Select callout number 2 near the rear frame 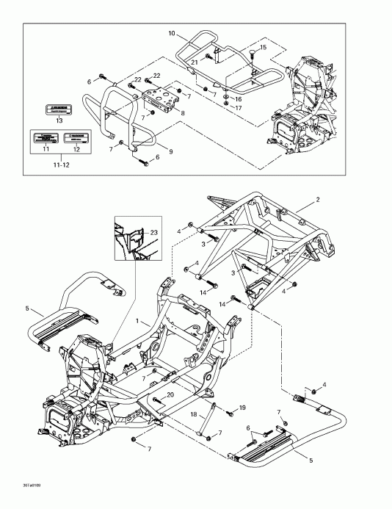pos(317,199)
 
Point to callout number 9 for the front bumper pos(170,151)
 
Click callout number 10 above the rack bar pos(171,34)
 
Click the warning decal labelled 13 pos(59,108)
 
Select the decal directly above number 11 pos(46,138)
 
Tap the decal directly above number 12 pos(76,137)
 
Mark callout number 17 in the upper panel pos(238,108)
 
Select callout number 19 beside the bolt pos(242,407)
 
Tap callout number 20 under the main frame pos(170,394)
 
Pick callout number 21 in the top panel pos(195,62)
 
